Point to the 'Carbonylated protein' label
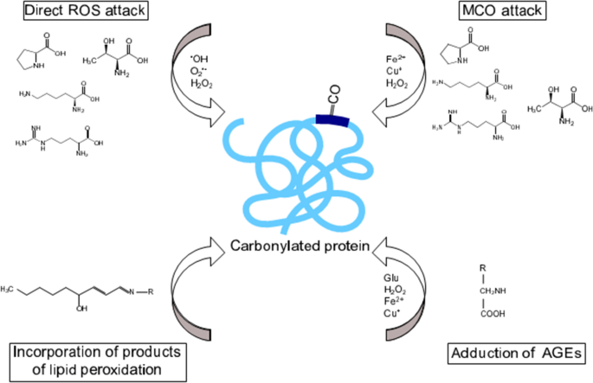(299, 246)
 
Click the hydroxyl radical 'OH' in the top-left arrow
(202, 57)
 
